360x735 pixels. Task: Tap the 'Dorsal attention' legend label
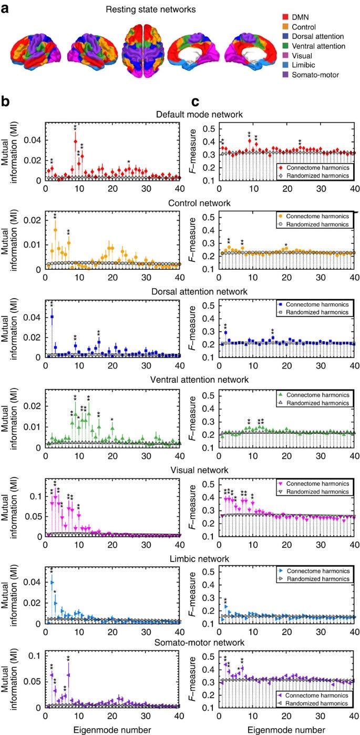pos(317,36)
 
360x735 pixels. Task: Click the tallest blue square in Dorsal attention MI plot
pos(52,317)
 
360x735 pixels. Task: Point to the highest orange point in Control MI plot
pos(55,229)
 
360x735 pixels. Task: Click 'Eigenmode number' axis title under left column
pos(112,728)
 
